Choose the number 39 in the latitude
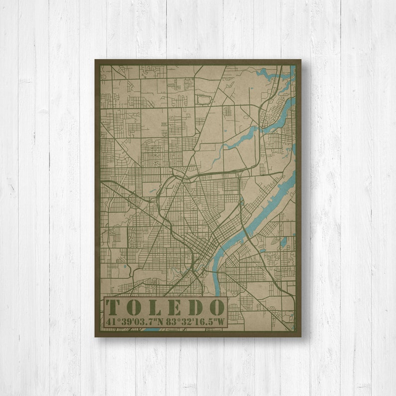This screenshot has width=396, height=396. tap(126, 321)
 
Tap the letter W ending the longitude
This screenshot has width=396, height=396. tap(221, 321)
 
